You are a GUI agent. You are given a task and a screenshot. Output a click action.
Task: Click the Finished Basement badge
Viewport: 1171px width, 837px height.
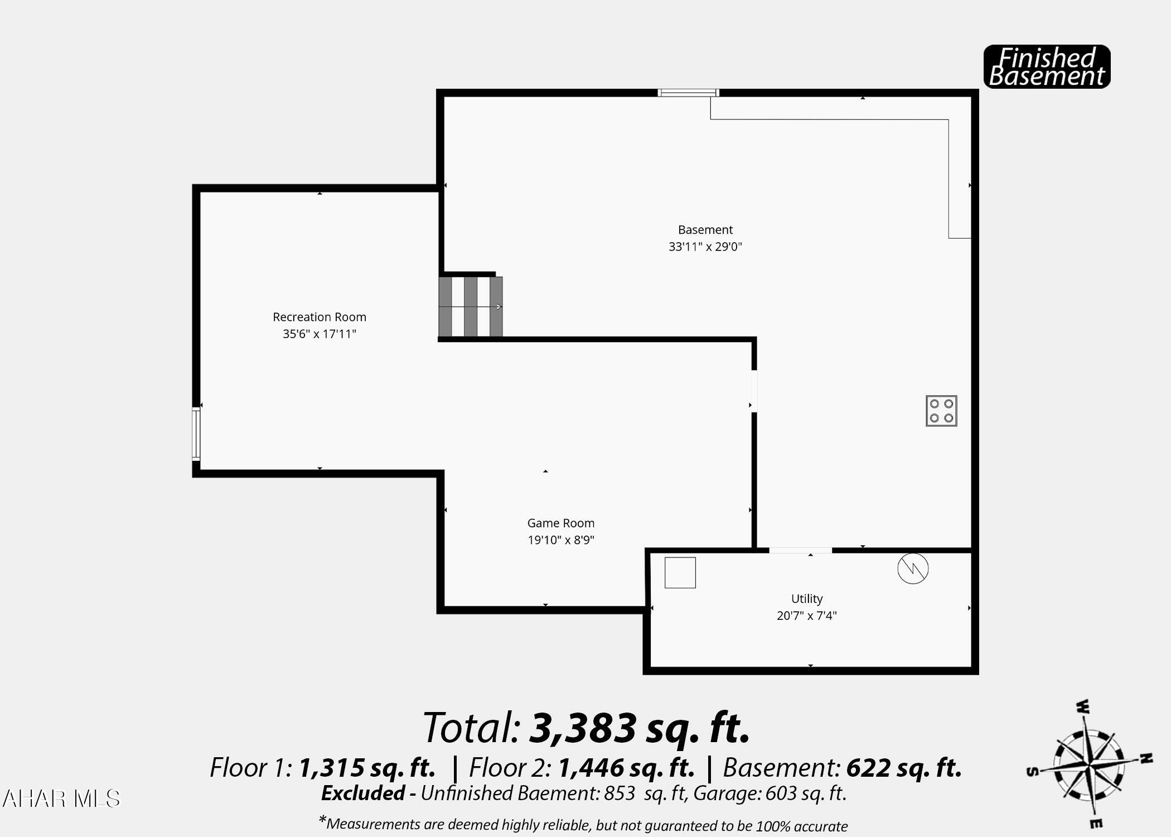tap(1047, 67)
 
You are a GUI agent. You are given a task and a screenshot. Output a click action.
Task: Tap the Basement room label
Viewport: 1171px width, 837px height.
tap(705, 229)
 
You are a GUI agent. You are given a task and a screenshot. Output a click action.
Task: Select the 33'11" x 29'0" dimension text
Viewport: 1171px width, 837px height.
tap(705, 247)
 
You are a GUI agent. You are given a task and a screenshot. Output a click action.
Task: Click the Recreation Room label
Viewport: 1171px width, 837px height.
tap(319, 317)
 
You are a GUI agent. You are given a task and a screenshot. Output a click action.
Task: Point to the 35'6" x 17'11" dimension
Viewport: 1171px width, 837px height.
tap(319, 334)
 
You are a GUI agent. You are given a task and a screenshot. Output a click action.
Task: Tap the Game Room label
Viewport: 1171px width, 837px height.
tap(560, 523)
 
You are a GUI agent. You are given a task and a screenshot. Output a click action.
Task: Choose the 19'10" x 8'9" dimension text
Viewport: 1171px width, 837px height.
tap(560, 540)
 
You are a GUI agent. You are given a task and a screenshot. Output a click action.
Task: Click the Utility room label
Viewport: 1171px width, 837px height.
tap(806, 599)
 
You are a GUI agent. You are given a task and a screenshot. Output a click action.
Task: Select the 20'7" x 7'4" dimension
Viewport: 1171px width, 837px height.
tap(806, 615)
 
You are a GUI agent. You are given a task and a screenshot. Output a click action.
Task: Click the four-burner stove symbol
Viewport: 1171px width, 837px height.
tap(941, 411)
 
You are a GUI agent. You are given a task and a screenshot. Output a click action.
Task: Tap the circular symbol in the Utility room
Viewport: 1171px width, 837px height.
tap(913, 569)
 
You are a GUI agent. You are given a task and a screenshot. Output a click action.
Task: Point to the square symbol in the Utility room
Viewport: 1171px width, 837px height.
tap(680, 573)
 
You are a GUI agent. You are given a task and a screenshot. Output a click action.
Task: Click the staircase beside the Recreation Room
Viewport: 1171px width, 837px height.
tap(471, 307)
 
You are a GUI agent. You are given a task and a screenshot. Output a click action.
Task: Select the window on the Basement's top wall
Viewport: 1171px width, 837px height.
tap(688, 93)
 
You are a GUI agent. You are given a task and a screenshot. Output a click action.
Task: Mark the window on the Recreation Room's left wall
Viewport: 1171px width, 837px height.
tap(196, 434)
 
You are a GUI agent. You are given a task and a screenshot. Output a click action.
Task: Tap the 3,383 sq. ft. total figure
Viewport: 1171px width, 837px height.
tap(638, 728)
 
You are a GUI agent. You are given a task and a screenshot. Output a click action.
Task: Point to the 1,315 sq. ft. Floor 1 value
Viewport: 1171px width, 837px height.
tap(366, 768)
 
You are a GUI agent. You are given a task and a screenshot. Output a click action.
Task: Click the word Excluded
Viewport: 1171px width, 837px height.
tap(363, 793)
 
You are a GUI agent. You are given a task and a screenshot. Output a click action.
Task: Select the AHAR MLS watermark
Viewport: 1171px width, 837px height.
tap(61, 799)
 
